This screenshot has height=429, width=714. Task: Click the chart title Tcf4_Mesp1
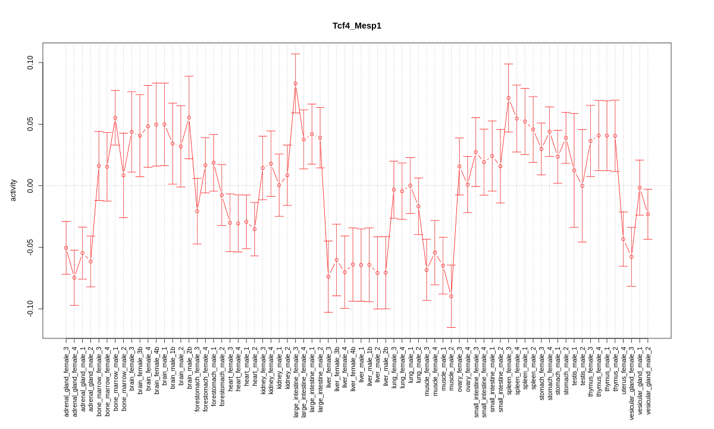tap(357, 26)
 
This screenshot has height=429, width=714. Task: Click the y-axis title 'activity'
tap(13, 190)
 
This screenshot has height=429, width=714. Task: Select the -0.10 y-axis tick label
tap(30, 309)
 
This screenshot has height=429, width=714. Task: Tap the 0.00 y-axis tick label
tap(30, 186)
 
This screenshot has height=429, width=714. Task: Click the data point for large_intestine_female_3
tap(295, 83)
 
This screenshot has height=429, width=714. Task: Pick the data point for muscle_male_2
tap(451, 296)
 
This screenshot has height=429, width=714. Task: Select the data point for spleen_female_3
tap(509, 98)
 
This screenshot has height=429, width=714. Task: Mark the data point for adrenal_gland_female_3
tap(66, 248)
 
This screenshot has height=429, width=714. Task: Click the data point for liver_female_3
tap(328, 276)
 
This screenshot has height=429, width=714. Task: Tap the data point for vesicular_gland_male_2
tap(648, 214)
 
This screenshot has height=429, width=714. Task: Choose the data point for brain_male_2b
tap(189, 117)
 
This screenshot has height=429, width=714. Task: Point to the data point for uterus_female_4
tap(623, 239)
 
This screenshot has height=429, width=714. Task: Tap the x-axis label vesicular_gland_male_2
tap(648, 380)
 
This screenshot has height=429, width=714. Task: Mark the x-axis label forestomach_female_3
tap(197, 378)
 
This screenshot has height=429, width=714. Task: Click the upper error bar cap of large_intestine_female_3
tap(295, 54)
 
